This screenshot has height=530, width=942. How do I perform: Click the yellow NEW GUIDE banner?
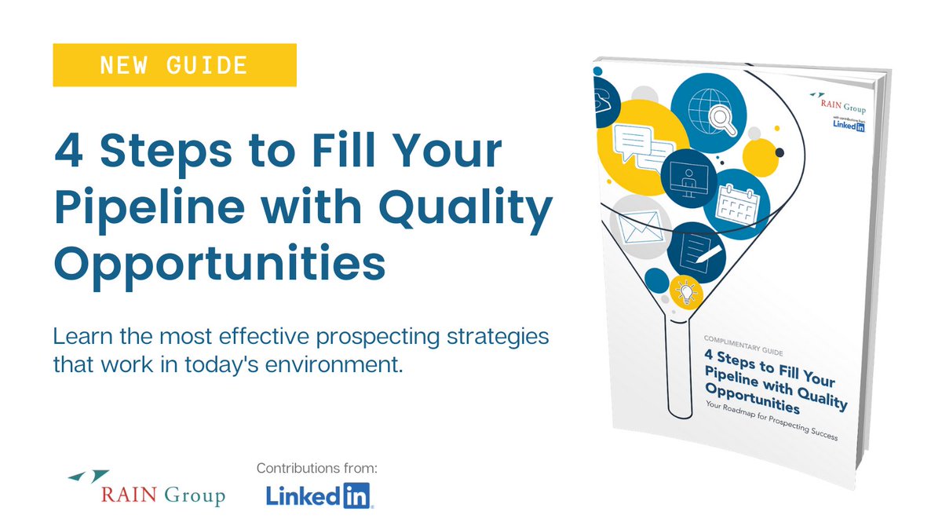[174, 65]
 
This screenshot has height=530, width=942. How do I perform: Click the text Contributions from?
[317, 468]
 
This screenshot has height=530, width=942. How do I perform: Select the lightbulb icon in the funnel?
[686, 293]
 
